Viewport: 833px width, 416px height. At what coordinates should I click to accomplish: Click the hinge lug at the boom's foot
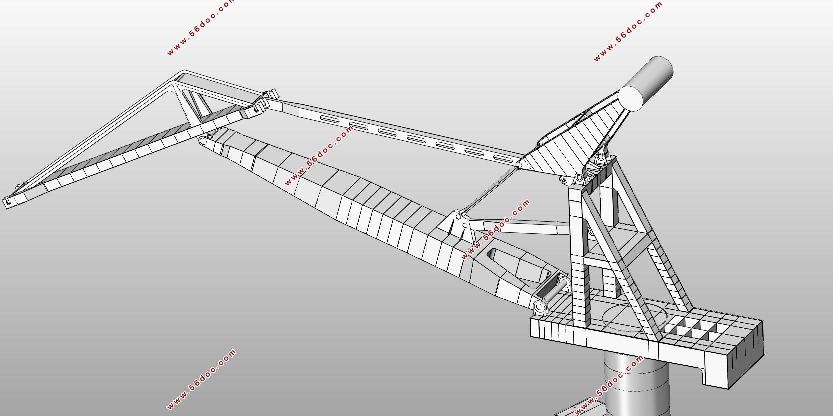coord(540,307)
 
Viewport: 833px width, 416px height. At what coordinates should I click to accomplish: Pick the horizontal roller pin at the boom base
coord(555,292)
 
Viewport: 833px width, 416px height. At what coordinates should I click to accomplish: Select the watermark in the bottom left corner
coord(201,379)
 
